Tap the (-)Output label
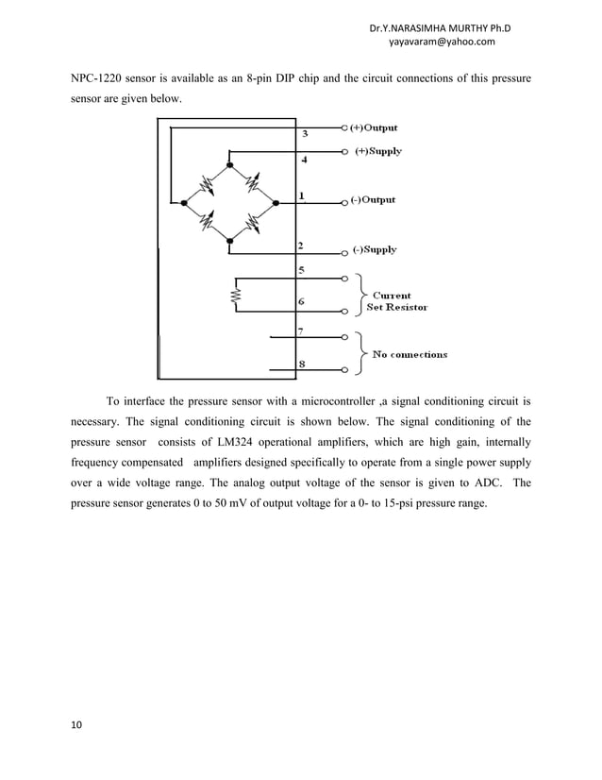pos(373,200)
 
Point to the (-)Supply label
pos(375,250)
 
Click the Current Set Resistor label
pos(396,301)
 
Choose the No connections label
pos(410,355)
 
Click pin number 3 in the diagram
pos(303,134)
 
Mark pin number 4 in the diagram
pos(303,160)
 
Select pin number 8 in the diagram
pos(301,364)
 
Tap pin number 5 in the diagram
pos(301,270)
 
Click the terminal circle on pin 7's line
pos(344,336)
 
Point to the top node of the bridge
pos(230,163)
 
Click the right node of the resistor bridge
pos(275,202)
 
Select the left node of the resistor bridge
pos(185,202)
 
